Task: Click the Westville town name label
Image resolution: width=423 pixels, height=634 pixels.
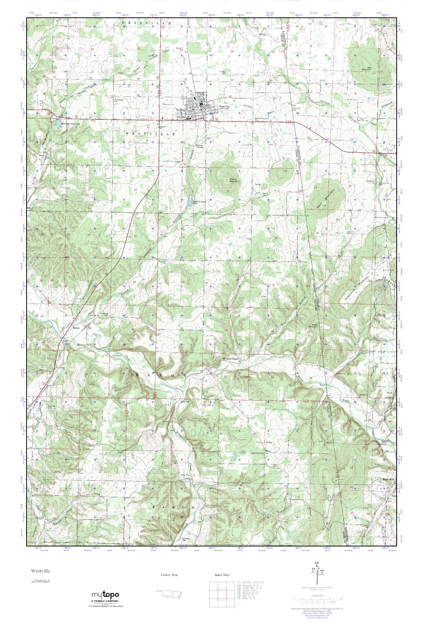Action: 224,107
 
